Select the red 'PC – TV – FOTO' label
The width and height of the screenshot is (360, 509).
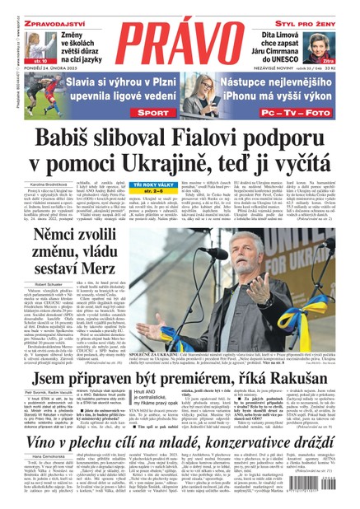coord(309,108)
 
